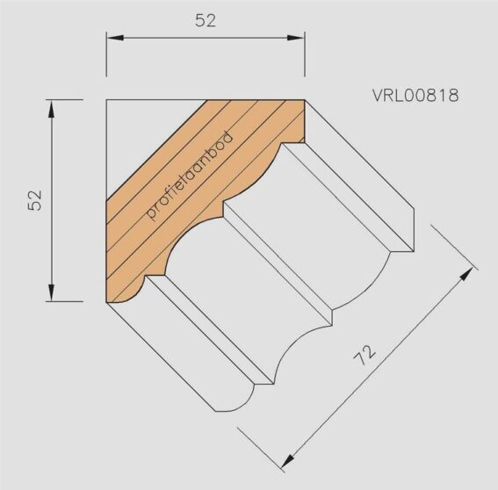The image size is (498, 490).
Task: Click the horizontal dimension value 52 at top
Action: pyautogui.click(x=206, y=21)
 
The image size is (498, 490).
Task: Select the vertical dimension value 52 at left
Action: pyautogui.click(x=35, y=200)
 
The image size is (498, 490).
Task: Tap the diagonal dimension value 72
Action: pyautogui.click(x=364, y=355)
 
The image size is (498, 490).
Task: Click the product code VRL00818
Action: pyautogui.click(x=415, y=95)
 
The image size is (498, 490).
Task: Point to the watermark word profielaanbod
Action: pyautogui.click(x=191, y=176)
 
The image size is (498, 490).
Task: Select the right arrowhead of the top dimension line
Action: pyautogui.click(x=296, y=38)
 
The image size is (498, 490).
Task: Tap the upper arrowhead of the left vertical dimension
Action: pyautogui.click(x=51, y=109)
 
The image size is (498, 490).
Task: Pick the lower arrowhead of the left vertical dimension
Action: pyautogui.click(x=51, y=292)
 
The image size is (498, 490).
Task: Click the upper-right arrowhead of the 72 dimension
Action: pyautogui.click(x=467, y=274)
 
